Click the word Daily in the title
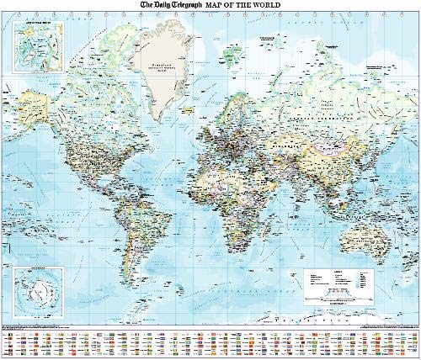point(149,5)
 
